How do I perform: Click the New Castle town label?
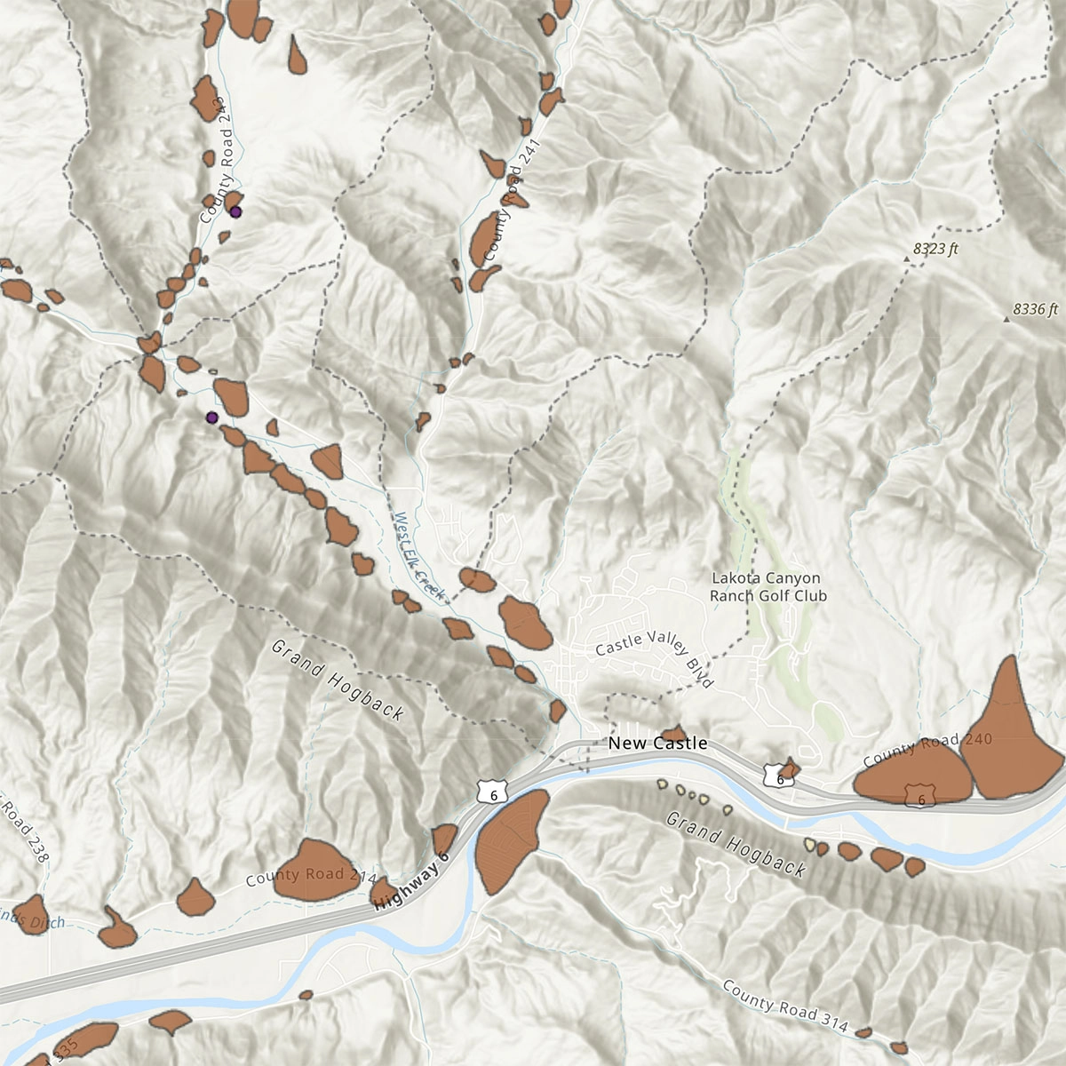coord(657,743)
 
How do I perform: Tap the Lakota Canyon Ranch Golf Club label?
coord(768,587)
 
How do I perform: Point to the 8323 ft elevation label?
coord(935,250)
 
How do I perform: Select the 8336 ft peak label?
coord(1035,310)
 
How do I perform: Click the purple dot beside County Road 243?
coord(235,211)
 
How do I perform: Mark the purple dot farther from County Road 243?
coord(211,418)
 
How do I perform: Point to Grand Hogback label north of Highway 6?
coord(338,680)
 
